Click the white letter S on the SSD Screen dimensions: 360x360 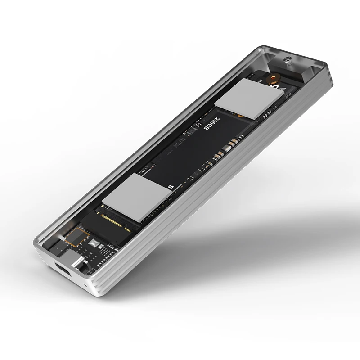[x=170, y=186]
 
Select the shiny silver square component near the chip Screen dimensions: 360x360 [x=95, y=243]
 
